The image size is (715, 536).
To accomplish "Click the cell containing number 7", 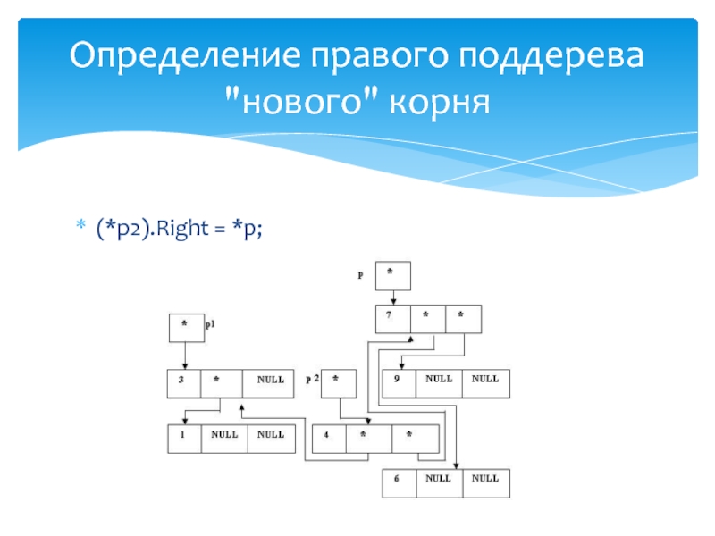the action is (392, 319).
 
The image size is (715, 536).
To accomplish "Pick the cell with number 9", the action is (399, 382).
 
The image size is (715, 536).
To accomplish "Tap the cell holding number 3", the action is (184, 383).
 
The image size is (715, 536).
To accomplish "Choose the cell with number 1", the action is (184, 439).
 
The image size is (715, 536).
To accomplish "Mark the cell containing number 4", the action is (327, 438).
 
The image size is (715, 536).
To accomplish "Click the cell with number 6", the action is (399, 482).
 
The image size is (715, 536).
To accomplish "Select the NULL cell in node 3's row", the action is (271, 383).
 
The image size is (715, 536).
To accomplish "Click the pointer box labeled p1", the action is (186, 328).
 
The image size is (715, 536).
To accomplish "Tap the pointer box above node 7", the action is (392, 276).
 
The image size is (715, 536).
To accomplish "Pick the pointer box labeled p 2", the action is (338, 383).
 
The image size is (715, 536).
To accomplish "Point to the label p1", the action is (211, 327).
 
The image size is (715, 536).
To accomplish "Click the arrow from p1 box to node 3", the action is (186, 356).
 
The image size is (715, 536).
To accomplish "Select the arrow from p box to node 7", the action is (392, 298).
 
